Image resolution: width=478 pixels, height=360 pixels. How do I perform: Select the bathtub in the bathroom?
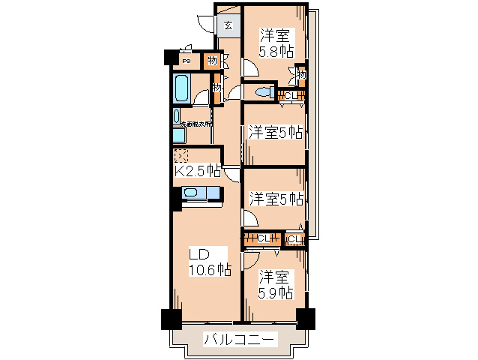tap(181, 88)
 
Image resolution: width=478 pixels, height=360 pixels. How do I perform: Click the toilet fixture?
tap(261, 92)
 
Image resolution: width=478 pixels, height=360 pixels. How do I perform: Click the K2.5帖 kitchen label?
tap(197, 171)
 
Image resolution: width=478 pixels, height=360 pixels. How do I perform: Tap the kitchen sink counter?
tap(201, 194)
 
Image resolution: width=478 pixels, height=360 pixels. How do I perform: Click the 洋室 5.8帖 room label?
tap(276, 43)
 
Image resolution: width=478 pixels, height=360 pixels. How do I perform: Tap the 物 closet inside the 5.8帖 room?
tap(300, 73)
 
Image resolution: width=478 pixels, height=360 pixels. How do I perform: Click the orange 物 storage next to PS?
tap(213, 61)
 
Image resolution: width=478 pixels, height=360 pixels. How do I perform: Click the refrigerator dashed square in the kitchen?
tap(181, 156)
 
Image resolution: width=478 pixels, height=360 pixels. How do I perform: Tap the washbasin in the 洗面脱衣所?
tap(177, 118)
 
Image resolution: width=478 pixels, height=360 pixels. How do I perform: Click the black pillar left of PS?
tap(170, 58)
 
